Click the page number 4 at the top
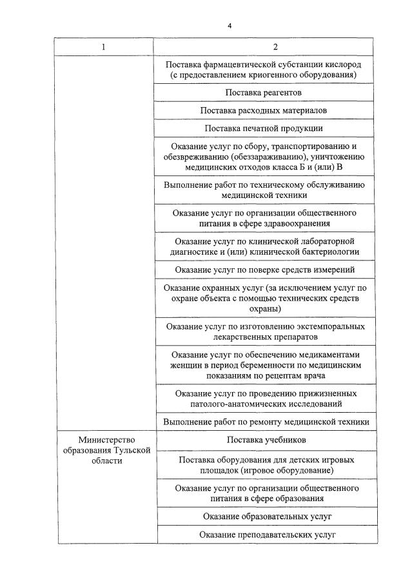229,26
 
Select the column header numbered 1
103,47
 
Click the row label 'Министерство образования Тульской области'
103,451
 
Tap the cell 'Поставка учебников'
266,440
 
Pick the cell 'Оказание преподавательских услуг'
266,535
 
